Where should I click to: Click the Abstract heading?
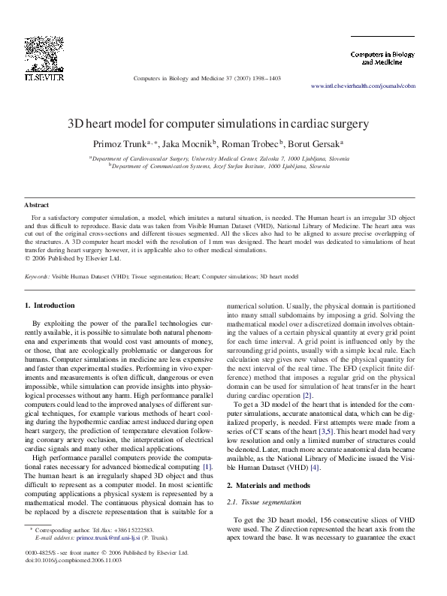coord(37,205)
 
